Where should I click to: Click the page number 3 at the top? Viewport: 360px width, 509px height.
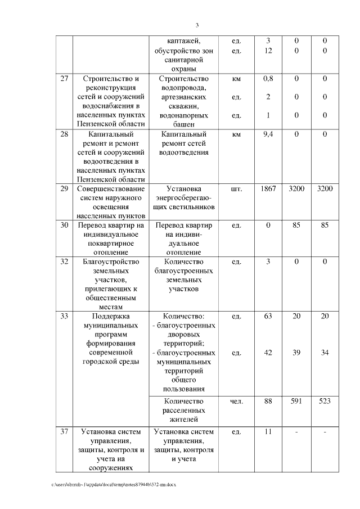click(x=197, y=25)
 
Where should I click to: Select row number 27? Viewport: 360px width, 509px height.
click(x=65, y=79)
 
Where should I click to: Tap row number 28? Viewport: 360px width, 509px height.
click(x=65, y=134)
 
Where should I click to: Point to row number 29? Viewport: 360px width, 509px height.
click(x=65, y=189)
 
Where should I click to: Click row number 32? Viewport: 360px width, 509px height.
click(x=65, y=262)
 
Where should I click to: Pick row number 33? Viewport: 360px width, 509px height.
click(x=65, y=316)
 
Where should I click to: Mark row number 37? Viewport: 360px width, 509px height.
click(x=65, y=432)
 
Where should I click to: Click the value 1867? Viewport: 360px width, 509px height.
click(x=268, y=189)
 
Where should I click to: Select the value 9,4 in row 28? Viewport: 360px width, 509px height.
click(x=268, y=134)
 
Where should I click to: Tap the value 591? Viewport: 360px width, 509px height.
click(x=296, y=401)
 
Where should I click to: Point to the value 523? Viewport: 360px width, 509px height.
click(x=325, y=401)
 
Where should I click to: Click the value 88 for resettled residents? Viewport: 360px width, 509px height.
click(x=268, y=401)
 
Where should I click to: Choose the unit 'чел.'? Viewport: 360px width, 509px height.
click(x=236, y=401)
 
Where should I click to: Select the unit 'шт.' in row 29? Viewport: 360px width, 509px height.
click(x=236, y=189)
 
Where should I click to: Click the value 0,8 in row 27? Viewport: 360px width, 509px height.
click(x=268, y=79)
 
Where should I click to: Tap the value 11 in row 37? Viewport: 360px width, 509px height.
click(x=268, y=432)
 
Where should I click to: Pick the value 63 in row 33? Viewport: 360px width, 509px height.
click(x=268, y=316)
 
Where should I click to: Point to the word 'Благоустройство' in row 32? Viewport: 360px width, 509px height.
click(x=110, y=262)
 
